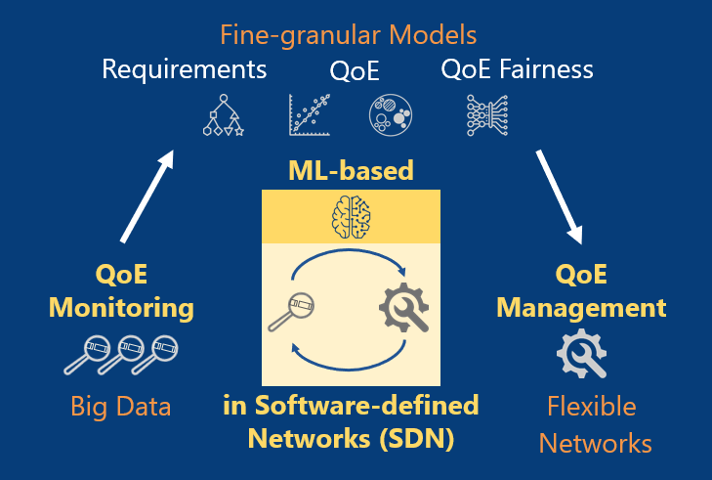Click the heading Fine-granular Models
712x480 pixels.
click(x=348, y=36)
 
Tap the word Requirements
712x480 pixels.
click(x=185, y=69)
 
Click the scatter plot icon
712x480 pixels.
click(x=307, y=115)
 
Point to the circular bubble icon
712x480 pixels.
click(x=390, y=115)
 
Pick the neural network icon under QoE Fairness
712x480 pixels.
click(x=486, y=114)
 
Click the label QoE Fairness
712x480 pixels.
click(x=517, y=69)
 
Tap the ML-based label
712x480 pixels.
click(x=351, y=171)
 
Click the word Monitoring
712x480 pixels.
click(x=121, y=309)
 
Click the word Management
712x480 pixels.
click(x=581, y=309)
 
